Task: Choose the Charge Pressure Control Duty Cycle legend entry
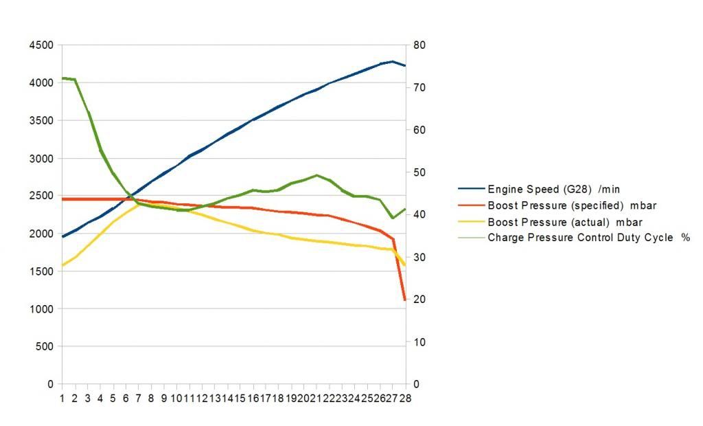tap(588, 238)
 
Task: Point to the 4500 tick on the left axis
tap(41, 45)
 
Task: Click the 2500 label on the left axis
tap(41, 196)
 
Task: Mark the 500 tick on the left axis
tap(44, 347)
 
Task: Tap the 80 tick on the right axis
tap(419, 45)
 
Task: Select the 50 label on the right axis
tap(419, 172)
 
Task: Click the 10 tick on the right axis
tap(419, 342)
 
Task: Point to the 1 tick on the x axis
tap(62, 398)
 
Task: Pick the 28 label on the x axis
tap(405, 398)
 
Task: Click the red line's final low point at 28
tap(405, 300)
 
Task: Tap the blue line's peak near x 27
tap(392, 61)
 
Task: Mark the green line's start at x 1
tap(62, 78)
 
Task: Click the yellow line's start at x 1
tap(62, 265)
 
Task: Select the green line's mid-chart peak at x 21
tap(316, 175)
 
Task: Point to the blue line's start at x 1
tap(62, 236)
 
